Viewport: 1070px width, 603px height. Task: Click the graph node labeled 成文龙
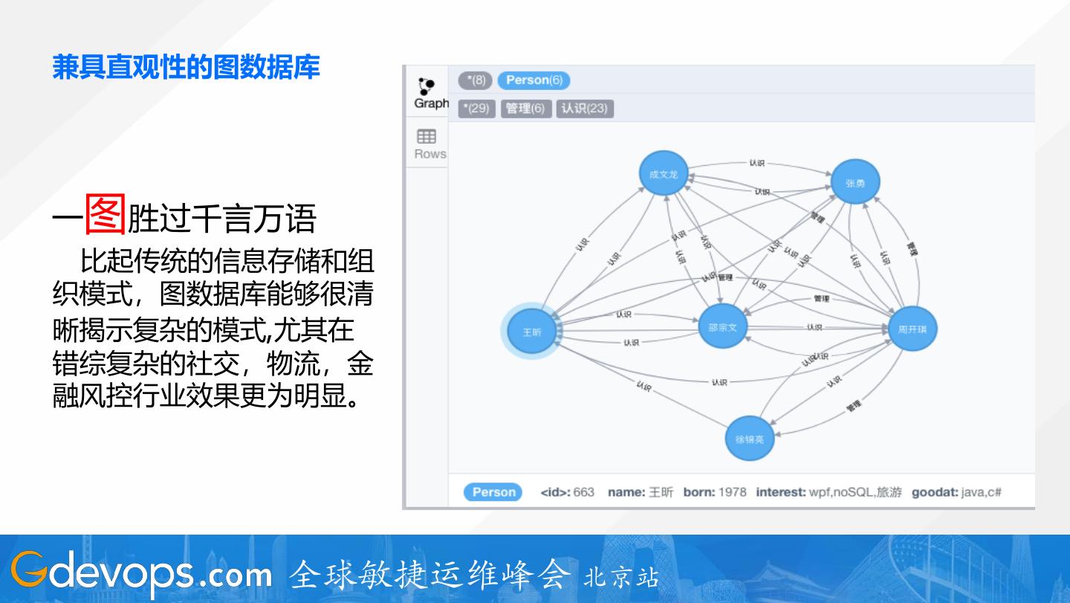click(x=664, y=174)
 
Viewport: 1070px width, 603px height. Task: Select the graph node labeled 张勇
click(x=855, y=182)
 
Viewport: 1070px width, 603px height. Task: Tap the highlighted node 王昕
click(x=532, y=332)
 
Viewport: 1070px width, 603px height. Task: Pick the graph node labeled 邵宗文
click(x=722, y=326)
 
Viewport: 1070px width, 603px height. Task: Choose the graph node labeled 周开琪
click(x=912, y=329)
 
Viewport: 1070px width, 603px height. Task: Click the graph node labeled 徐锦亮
click(x=749, y=439)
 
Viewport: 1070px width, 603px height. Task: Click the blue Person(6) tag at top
click(x=534, y=80)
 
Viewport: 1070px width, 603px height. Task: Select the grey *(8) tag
click(x=475, y=80)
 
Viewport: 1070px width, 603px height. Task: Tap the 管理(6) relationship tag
click(x=525, y=109)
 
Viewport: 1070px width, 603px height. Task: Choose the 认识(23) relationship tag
click(x=584, y=109)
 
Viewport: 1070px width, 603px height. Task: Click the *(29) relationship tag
click(x=476, y=109)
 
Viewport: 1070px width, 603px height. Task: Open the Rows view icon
click(x=427, y=144)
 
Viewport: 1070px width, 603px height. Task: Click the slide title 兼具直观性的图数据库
click(x=186, y=67)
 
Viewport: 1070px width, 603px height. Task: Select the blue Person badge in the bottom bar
click(x=493, y=492)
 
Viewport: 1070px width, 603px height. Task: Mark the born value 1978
click(x=732, y=492)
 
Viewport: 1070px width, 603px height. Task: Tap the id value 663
click(x=583, y=492)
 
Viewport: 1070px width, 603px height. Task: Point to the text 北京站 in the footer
click(x=621, y=577)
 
